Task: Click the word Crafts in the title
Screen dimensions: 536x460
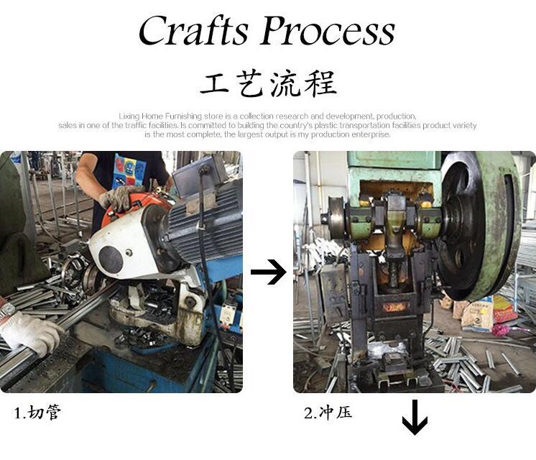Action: (193, 30)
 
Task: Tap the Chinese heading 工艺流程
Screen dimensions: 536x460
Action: (268, 83)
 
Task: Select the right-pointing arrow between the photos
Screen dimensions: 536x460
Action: (268, 272)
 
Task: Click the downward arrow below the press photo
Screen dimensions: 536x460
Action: (415, 418)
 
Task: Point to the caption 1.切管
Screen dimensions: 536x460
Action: (37, 412)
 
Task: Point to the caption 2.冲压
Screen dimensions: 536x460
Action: (328, 413)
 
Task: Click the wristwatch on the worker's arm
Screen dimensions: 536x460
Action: (7, 310)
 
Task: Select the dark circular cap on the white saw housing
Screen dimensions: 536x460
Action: (111, 260)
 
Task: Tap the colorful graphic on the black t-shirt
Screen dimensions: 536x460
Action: (129, 171)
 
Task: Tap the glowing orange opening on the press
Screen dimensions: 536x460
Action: (396, 307)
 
